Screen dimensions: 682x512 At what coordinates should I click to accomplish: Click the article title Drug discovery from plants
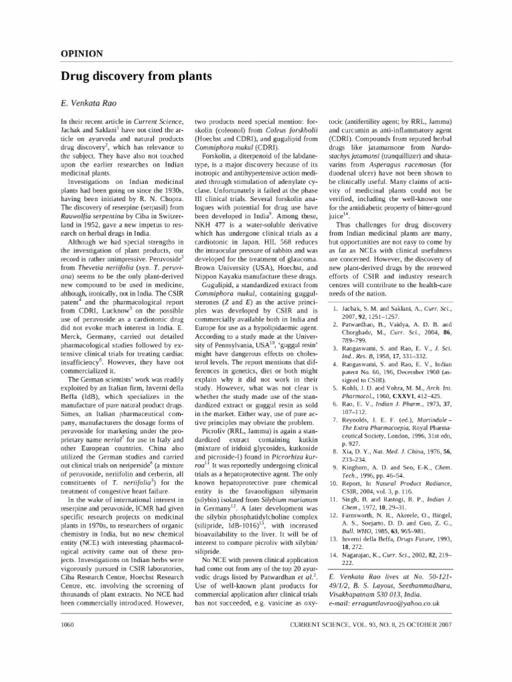click(x=136, y=77)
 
